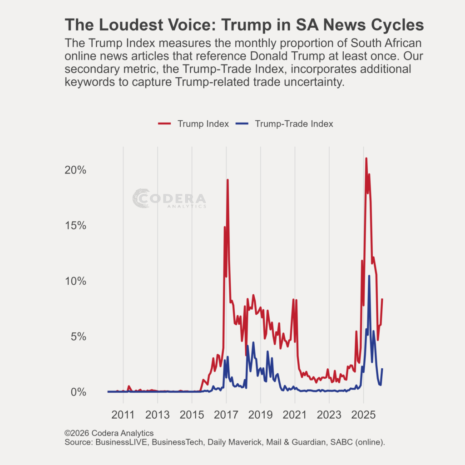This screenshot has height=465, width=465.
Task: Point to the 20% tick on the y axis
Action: coord(75,170)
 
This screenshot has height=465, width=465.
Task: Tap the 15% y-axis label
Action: coord(75,226)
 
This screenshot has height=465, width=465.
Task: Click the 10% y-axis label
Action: coord(75,281)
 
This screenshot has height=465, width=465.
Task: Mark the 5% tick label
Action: coord(78,336)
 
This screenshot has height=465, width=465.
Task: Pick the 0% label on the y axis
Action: coord(78,392)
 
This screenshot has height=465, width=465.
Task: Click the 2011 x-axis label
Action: coord(123,415)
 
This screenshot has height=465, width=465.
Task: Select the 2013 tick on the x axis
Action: coord(158,415)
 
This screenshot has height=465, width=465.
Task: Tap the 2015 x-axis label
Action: coord(192,415)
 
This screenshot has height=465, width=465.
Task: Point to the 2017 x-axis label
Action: coord(226,415)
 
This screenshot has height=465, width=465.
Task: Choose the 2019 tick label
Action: coord(261,415)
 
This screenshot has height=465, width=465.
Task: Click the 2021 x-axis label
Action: coord(295,415)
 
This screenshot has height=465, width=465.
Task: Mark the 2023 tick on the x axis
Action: coord(329,415)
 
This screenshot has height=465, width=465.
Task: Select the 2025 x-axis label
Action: coord(363,415)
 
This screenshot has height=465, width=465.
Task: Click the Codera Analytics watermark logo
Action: coord(169,199)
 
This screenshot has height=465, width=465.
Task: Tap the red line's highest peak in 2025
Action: coord(366,158)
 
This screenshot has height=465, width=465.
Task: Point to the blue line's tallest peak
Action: coord(369,276)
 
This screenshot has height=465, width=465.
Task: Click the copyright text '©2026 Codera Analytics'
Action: coord(109,433)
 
